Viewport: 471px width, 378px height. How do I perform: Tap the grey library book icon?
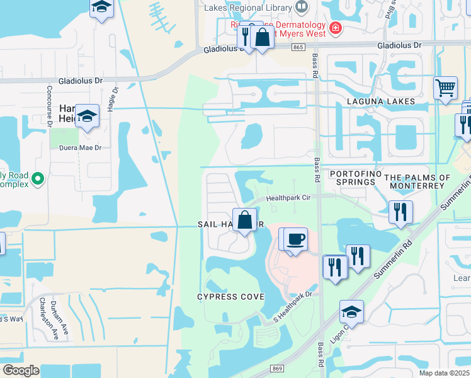[302, 7]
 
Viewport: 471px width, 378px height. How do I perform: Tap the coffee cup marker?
[295, 239]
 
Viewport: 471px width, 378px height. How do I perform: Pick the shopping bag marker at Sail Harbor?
[246, 220]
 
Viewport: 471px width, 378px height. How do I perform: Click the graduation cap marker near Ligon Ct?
[351, 311]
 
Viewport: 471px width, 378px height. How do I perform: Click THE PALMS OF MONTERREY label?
[417, 182]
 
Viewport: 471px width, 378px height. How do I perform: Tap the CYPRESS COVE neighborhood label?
[230, 297]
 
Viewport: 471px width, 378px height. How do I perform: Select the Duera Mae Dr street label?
[80, 148]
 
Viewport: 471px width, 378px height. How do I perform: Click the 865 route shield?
[298, 47]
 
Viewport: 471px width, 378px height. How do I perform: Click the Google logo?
[20, 370]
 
